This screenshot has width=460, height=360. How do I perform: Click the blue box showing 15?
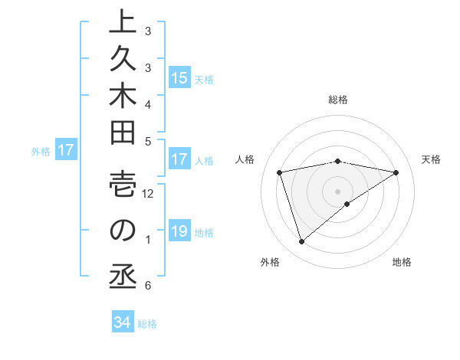coord(179,78)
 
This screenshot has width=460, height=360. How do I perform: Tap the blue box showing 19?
coord(179,232)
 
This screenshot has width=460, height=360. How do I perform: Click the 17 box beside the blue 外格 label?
coord(66,151)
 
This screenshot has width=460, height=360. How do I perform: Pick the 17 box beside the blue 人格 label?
coord(179,160)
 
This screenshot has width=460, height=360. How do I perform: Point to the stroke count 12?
coord(149,194)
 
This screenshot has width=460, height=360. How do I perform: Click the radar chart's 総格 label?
coord(338,100)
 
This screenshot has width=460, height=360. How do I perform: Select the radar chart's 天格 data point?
coord(396,172)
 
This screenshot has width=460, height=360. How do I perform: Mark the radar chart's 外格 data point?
coord(301,242)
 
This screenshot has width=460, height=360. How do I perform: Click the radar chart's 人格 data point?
coord(280,172)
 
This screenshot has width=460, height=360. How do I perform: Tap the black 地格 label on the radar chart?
coord(402,263)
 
